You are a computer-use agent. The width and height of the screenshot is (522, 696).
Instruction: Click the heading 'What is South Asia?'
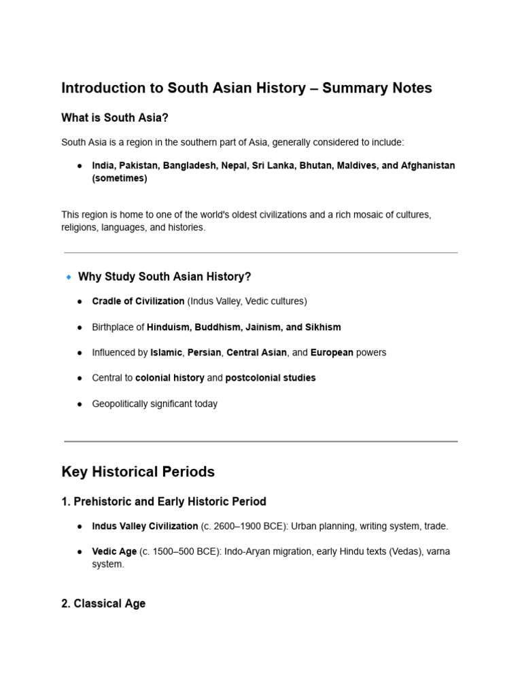[114, 118]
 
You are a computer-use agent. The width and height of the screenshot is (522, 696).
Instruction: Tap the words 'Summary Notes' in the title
[377, 88]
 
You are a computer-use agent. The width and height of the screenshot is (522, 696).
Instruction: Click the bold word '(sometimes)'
[119, 179]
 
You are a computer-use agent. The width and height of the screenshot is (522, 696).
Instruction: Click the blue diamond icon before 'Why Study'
[68, 277]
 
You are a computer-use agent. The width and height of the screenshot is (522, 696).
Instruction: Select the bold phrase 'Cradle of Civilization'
[138, 301]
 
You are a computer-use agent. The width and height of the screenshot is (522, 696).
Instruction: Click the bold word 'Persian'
[204, 353]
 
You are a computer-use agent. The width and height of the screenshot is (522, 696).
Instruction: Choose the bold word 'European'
[332, 353]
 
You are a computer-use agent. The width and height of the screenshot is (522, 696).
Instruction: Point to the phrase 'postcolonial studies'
[270, 378]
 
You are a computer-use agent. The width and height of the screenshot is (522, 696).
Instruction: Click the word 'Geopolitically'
[123, 404]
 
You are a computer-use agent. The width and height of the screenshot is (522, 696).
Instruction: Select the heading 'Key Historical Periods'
[138, 472]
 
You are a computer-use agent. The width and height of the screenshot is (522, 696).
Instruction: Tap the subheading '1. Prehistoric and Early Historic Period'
[163, 502]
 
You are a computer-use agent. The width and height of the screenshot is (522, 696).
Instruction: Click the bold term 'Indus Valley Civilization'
[145, 526]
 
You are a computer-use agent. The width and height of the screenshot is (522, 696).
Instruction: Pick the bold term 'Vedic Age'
[114, 552]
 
